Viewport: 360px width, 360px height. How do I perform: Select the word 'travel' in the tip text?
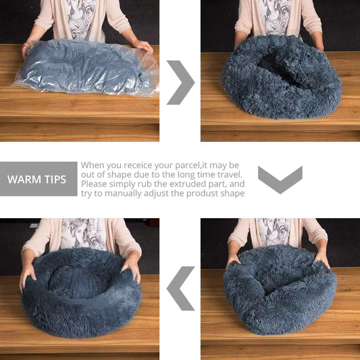pos(226,175)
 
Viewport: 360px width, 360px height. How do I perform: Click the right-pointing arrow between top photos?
pos(180,82)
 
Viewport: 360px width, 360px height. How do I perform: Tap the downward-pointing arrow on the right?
pos(280,179)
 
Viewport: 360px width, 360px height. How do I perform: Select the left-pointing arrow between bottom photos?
pos(180,288)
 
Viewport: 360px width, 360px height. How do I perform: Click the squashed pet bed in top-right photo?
pos(280,78)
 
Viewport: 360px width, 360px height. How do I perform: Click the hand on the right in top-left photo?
pos(143,46)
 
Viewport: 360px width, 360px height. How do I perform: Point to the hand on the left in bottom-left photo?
pos(27,276)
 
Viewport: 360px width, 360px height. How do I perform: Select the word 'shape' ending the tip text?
pos(230,194)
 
